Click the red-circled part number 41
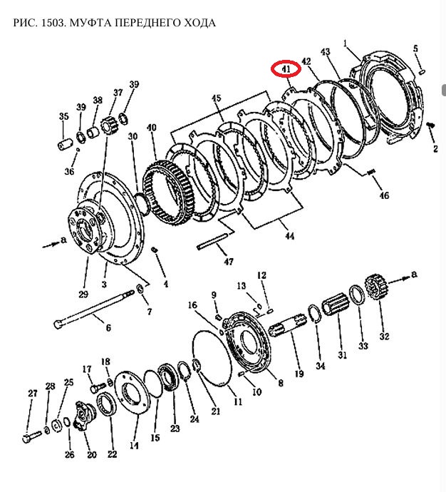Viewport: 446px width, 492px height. tap(285, 70)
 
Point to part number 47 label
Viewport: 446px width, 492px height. tap(228, 261)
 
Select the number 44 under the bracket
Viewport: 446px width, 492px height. tap(288, 235)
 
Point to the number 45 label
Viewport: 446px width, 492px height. tap(217, 98)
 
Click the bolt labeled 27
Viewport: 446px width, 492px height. tap(28, 435)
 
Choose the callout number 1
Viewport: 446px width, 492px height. tap(346, 44)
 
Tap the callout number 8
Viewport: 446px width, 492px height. tap(280, 383)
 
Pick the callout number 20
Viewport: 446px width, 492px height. tap(90, 454)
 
